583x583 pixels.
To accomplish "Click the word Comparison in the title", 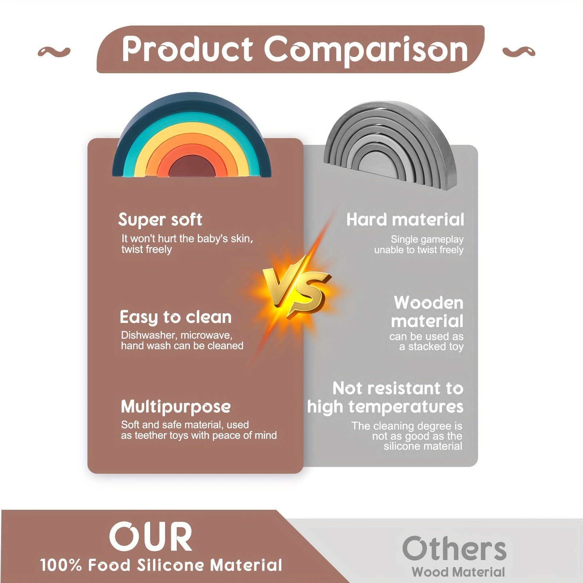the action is (366, 51).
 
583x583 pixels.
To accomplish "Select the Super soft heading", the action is (160, 220).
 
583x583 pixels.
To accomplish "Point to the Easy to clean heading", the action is (176, 317).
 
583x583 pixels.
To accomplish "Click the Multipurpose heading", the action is (176, 407).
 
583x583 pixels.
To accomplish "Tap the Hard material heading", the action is (405, 220).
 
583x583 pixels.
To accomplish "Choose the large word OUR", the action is (150, 536).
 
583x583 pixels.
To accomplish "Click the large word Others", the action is (454, 548).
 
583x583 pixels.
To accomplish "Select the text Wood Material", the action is (458, 572).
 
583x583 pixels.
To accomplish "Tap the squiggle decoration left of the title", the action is (54, 52).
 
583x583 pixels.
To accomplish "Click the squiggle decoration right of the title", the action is (519, 52).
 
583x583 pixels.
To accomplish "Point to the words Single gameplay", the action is (427, 240).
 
